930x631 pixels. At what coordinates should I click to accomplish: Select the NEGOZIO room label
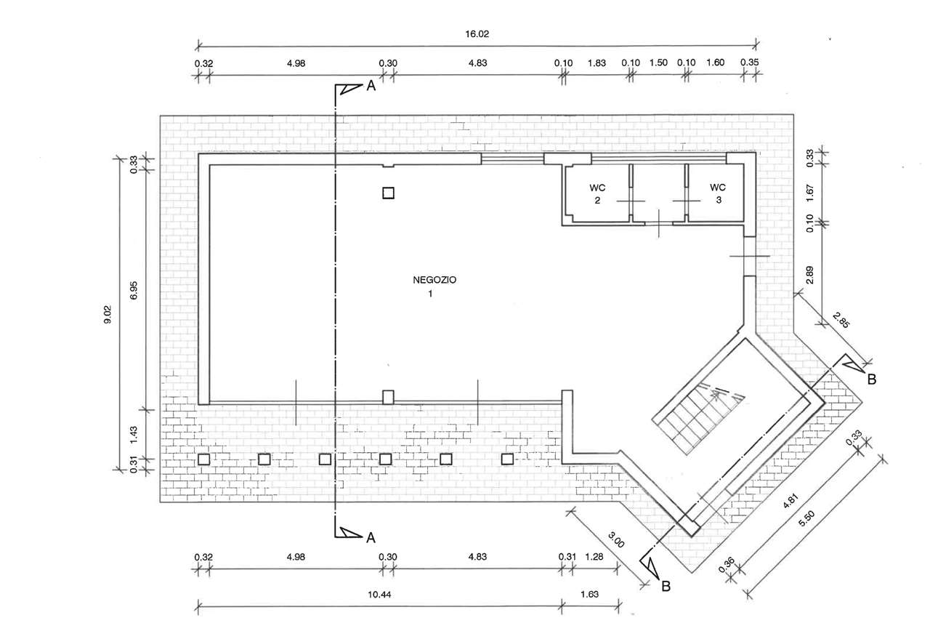(434, 280)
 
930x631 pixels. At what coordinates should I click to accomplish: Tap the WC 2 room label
(597, 193)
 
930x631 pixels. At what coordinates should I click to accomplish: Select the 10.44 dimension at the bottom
(379, 594)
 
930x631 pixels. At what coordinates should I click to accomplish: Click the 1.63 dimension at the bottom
(590, 594)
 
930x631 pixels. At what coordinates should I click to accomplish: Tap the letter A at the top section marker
(370, 87)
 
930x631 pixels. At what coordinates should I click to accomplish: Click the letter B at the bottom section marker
(665, 586)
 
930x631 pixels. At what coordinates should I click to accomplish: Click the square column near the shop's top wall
(388, 193)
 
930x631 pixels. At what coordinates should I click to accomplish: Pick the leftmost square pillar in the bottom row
(204, 459)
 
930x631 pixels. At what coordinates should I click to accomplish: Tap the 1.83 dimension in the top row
(596, 63)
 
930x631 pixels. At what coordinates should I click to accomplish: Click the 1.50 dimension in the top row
(658, 63)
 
